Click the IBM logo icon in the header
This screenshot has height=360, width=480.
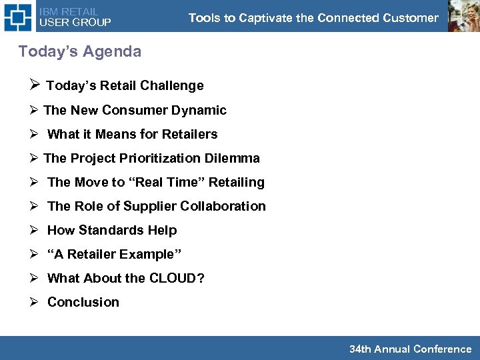(x=18, y=17)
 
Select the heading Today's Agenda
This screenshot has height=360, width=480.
(x=80, y=51)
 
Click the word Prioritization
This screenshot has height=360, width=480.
(x=158, y=158)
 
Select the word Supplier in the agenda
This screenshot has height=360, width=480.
(x=148, y=206)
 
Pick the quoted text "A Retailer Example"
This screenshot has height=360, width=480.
(x=115, y=254)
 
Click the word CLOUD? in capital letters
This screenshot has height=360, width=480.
(x=177, y=278)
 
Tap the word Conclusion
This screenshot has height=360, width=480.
(x=83, y=302)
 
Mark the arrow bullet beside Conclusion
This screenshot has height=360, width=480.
(x=35, y=302)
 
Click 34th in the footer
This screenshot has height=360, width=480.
(x=360, y=349)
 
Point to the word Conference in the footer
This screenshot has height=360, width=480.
(x=442, y=349)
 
